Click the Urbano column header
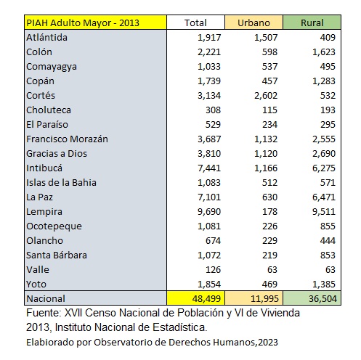(253, 22)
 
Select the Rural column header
(312, 22)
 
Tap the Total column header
(195, 22)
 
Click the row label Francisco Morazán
(67, 139)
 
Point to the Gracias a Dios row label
(57, 154)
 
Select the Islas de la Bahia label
(61, 183)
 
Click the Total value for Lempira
(209, 212)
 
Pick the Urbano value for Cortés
(266, 96)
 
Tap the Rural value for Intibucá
(324, 168)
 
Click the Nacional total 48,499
(206, 299)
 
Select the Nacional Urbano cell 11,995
(264, 299)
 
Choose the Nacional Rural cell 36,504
(323, 299)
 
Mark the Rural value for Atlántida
(328, 38)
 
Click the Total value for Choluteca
(213, 110)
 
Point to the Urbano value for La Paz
(269, 197)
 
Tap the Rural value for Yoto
(324, 285)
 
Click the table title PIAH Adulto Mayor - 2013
(83, 22)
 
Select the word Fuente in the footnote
(44, 313)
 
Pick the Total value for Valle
(213, 270)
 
